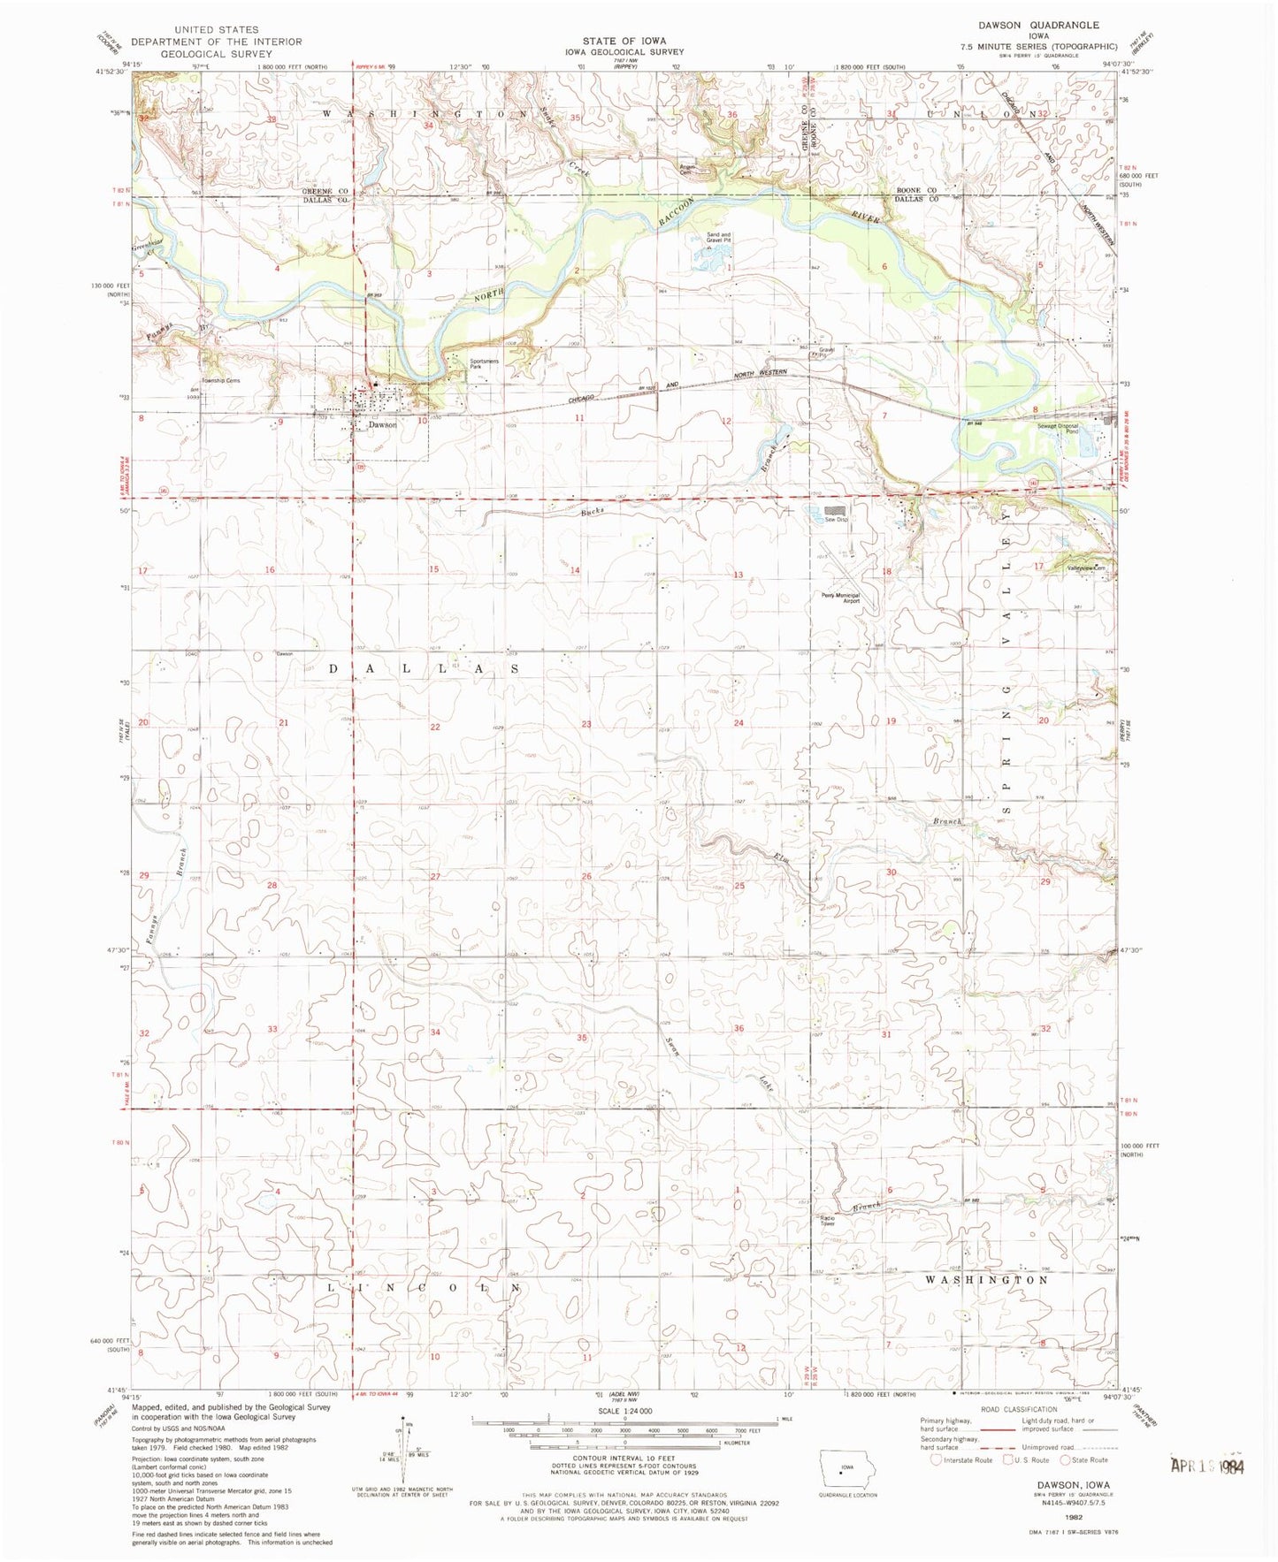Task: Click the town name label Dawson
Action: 382,424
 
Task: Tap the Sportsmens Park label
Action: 484,363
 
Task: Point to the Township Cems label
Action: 220,381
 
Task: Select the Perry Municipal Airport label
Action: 838,598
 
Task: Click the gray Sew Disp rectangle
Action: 836,511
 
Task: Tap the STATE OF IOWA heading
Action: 624,41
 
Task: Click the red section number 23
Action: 586,724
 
